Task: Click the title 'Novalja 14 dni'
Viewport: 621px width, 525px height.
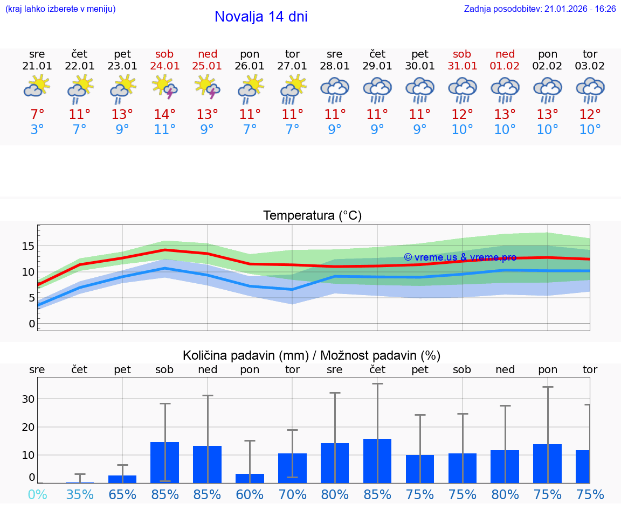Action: click(x=261, y=17)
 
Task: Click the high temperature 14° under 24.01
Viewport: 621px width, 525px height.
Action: click(x=164, y=114)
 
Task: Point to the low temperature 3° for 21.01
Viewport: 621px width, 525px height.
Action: click(x=37, y=130)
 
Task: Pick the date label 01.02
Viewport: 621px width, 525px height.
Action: click(x=505, y=66)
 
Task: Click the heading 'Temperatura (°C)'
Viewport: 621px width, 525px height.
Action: click(x=312, y=216)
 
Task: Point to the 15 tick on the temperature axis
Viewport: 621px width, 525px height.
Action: click(x=27, y=246)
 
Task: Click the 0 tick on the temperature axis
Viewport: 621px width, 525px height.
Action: click(x=31, y=324)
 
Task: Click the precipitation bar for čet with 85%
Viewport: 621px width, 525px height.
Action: click(x=377, y=461)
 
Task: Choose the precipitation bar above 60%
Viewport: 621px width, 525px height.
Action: click(x=250, y=478)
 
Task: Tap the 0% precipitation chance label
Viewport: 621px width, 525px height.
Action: click(x=37, y=494)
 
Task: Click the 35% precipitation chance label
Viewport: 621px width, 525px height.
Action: click(x=80, y=494)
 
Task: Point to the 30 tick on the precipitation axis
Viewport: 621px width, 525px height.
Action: click(x=28, y=399)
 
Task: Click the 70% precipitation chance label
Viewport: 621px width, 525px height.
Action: click(x=292, y=494)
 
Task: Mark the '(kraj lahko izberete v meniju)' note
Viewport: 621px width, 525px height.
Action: click(x=60, y=9)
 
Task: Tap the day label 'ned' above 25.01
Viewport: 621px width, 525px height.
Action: click(x=208, y=54)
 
